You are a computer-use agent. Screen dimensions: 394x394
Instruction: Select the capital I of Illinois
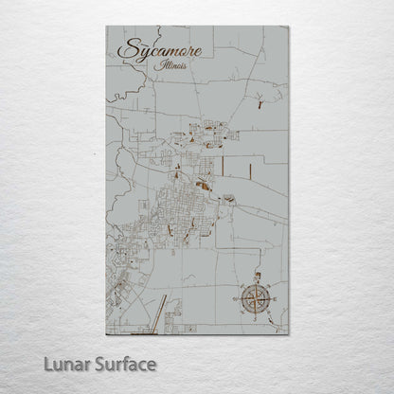[x=164, y=67]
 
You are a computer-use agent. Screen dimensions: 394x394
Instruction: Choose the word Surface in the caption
[x=122, y=364]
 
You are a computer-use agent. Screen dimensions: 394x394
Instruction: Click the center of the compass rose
[x=254, y=298]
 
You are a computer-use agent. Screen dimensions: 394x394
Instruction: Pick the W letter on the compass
[x=233, y=298]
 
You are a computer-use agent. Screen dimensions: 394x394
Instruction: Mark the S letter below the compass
[x=254, y=321]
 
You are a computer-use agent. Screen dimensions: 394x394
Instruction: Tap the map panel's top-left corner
[x=106, y=27]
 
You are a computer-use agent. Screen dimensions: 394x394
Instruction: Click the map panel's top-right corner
[x=288, y=27]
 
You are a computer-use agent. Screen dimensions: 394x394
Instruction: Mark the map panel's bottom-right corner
[x=288, y=334]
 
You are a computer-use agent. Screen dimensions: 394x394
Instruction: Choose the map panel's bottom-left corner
[x=106, y=334]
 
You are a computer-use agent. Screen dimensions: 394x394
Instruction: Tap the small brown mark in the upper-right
[x=261, y=105]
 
